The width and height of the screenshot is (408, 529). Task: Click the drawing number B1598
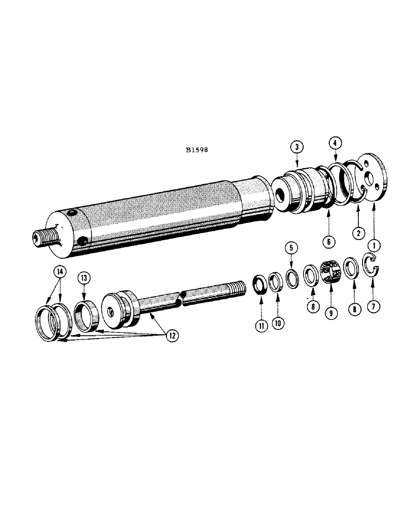tap(197, 150)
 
